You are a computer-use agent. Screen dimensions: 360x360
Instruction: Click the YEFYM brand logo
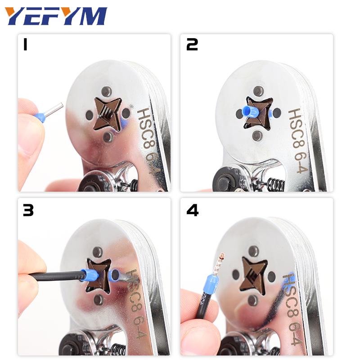(56, 16)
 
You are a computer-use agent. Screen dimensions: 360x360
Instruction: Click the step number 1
(25, 45)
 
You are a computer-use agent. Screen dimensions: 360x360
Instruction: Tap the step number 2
(192, 45)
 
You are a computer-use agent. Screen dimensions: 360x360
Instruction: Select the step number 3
(28, 210)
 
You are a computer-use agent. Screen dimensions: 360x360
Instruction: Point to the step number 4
(193, 210)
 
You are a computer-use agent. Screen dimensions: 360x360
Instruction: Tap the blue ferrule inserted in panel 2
(250, 112)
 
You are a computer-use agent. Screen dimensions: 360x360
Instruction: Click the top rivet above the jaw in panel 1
(107, 91)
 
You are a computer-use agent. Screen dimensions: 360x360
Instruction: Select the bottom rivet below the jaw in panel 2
(257, 135)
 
